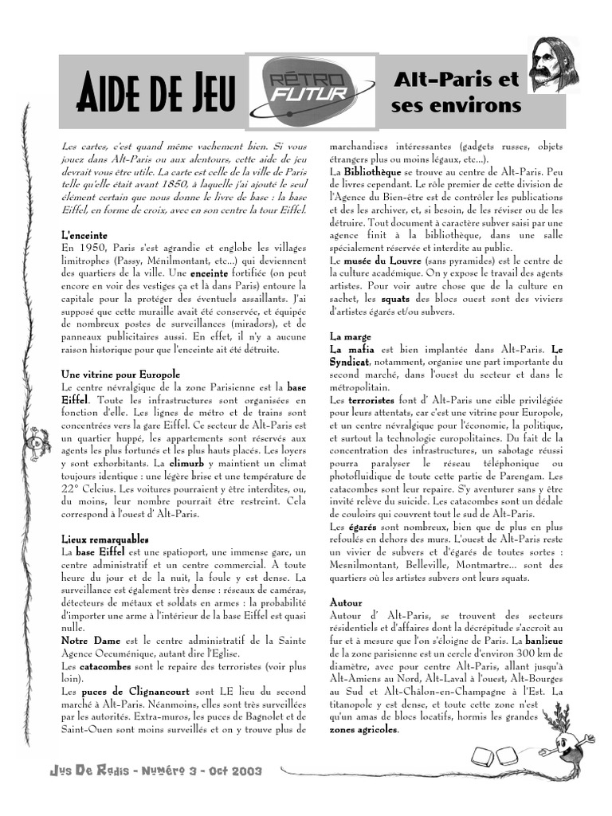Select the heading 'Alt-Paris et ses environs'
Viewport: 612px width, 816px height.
click(x=456, y=92)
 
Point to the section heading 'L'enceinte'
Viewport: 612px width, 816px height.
click(x=84, y=236)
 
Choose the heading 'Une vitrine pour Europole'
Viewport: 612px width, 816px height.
click(x=120, y=374)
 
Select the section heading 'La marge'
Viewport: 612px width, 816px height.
click(x=349, y=336)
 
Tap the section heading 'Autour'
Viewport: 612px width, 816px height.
click(x=346, y=602)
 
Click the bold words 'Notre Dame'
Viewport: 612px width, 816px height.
click(x=88, y=640)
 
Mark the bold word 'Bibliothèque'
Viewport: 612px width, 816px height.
click(x=372, y=171)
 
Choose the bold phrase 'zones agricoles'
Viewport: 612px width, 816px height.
click(x=362, y=728)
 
